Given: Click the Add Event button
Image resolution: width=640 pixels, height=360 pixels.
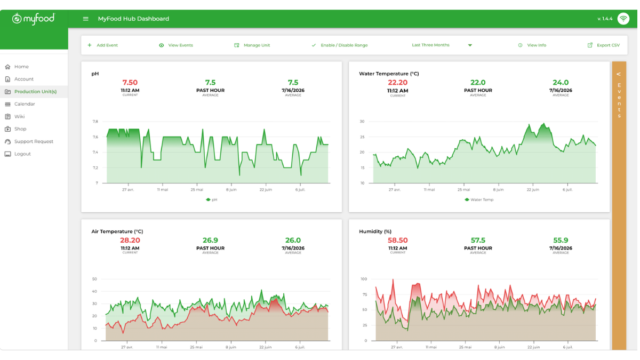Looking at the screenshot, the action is pos(103,45).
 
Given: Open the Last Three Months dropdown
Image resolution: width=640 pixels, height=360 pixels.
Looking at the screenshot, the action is pos(442,45).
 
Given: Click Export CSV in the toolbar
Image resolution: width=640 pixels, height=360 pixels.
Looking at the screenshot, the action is pos(603,45).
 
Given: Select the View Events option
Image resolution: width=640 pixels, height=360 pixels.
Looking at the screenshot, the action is pos(176,45).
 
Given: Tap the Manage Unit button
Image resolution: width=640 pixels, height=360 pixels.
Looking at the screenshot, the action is pos(252,45).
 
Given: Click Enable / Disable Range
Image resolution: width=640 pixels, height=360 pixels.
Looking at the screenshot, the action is pos(340,45).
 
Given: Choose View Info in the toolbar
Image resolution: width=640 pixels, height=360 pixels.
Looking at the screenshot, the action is pos(532,45).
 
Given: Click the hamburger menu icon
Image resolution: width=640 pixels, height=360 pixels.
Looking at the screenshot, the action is pos(85,19).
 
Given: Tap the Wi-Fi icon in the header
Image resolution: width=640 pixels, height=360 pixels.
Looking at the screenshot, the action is pos(623,19).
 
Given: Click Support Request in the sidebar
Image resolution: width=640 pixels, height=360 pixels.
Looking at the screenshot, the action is pos(29,141).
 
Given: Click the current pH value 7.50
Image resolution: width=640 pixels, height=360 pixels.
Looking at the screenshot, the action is pos(130,83).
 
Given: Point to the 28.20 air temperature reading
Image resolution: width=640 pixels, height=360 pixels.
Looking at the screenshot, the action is pos(130,241).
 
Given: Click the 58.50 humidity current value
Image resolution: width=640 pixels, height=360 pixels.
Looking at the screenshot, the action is pos(397,241).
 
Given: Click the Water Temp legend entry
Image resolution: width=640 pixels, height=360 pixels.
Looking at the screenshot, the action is pos(479,199).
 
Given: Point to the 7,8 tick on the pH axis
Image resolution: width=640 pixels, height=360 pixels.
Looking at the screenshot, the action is pos(95,122).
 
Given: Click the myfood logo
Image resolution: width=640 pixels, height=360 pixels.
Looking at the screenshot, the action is pos(34,19).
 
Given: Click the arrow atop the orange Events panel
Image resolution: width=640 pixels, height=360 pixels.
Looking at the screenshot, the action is pos(619,74).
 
